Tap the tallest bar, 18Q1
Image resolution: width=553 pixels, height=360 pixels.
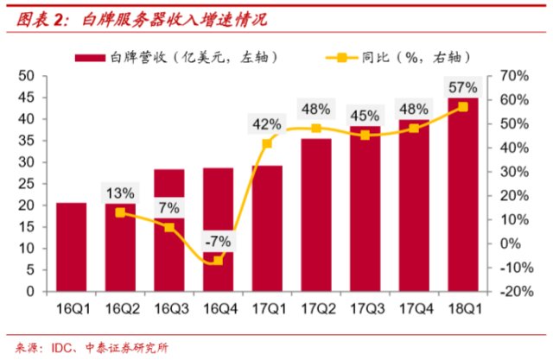pos(463,194)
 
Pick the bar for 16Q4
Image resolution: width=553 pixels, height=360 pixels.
pos(218,229)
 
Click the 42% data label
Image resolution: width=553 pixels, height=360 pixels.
pos(267,123)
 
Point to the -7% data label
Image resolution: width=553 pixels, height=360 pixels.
pos(218,239)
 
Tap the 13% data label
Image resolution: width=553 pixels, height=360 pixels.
pos(120,193)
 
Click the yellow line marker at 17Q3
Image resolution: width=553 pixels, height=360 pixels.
pos(365,135)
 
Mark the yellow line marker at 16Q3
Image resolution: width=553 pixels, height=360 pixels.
pos(169,227)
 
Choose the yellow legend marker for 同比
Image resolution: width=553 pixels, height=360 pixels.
pos(341,58)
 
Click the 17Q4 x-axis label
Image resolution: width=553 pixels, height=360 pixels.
pos(414,307)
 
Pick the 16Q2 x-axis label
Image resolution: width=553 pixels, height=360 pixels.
pos(120,307)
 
